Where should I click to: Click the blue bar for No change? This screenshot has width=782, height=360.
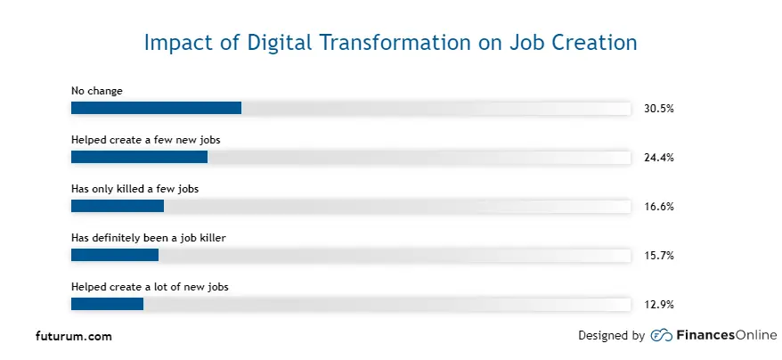(156, 108)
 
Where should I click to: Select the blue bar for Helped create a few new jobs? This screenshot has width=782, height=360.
(139, 157)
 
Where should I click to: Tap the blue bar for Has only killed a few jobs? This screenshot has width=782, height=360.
(118, 206)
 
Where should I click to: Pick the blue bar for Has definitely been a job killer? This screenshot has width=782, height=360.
(115, 255)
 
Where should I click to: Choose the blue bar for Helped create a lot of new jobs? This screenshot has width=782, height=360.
(107, 304)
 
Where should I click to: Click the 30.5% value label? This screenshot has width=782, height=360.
(658, 109)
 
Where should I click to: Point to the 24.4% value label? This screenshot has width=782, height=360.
(658, 158)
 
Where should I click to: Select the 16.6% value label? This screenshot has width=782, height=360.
(658, 207)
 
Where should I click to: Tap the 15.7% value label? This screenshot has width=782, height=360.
(658, 256)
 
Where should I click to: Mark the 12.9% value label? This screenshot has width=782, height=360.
(658, 305)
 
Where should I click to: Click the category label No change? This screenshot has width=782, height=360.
(97, 91)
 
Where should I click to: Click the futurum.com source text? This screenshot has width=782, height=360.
(74, 337)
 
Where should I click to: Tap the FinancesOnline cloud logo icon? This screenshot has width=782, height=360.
(662, 336)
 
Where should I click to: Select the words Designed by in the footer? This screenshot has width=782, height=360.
(611, 336)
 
